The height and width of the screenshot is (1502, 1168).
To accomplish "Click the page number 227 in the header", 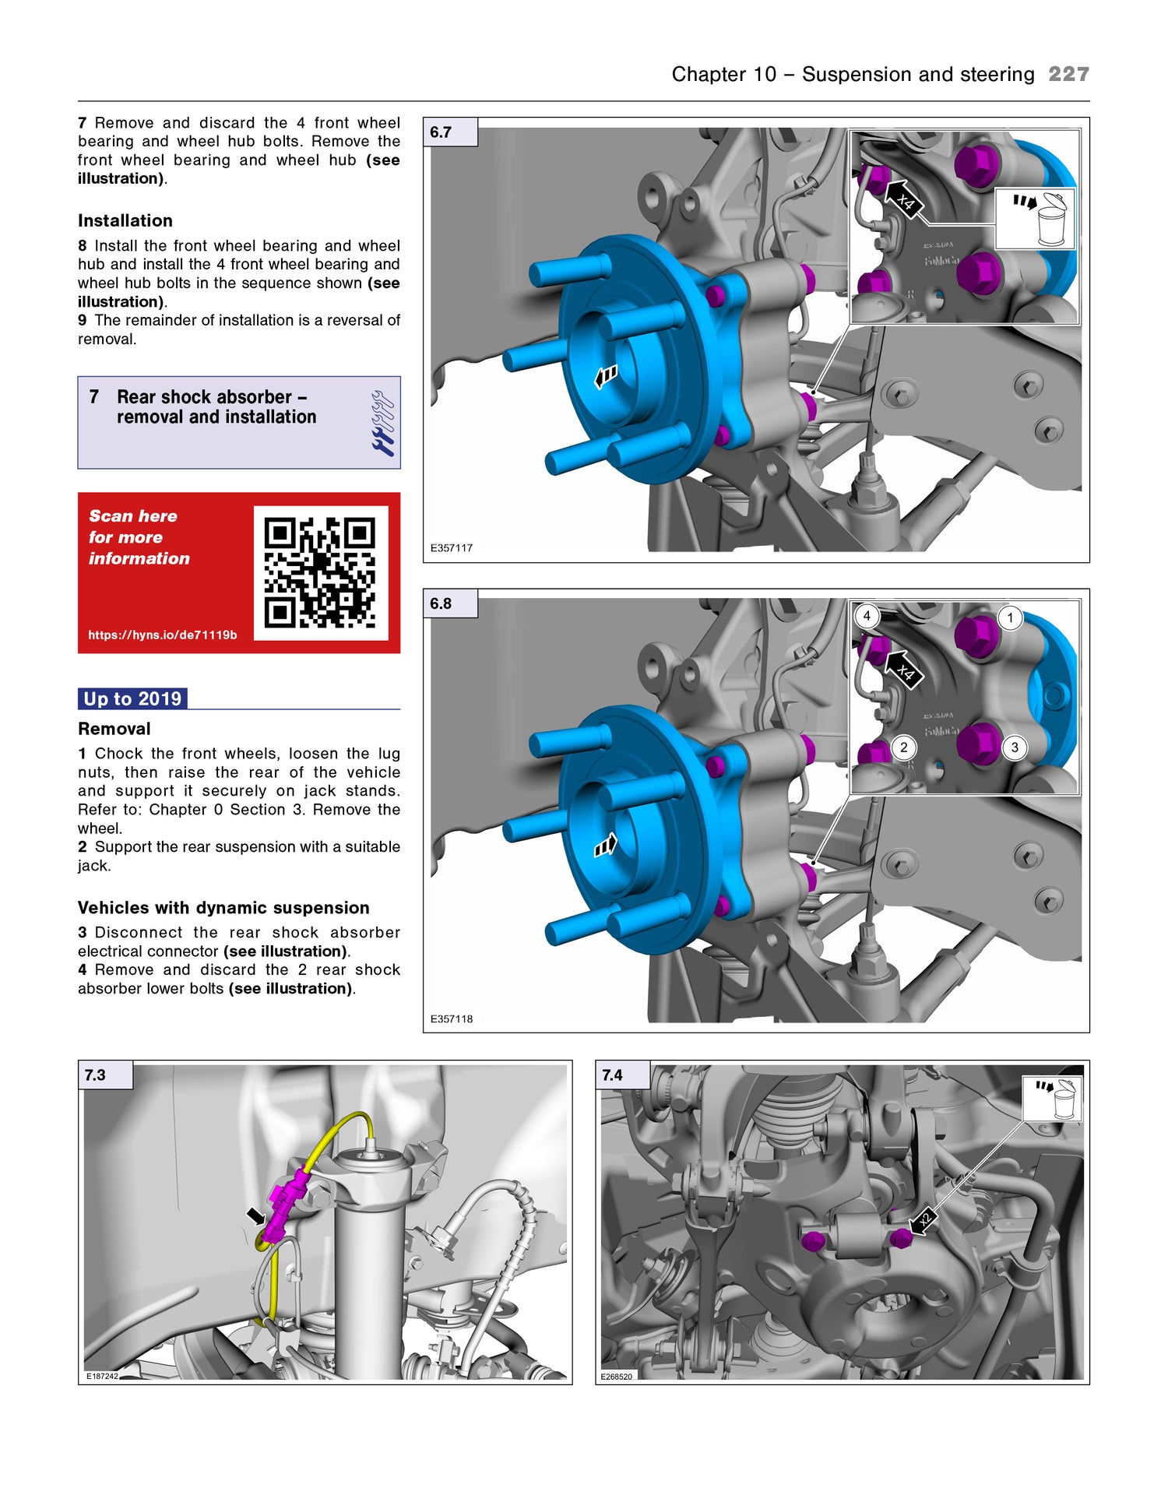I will (x=1068, y=74).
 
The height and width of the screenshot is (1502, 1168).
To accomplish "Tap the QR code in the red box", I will (x=320, y=572).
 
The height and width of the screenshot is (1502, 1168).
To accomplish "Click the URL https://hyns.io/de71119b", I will (x=162, y=635).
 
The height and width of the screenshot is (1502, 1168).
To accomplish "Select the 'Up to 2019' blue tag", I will (x=132, y=698).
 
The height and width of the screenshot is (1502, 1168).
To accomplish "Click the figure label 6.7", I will (x=442, y=132).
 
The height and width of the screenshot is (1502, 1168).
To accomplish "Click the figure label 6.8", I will (x=442, y=603).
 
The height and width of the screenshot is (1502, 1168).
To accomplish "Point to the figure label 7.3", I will (x=96, y=1075).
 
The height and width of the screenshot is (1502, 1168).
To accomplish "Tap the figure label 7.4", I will (x=613, y=1075).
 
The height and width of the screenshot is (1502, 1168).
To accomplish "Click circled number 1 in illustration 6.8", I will (x=1010, y=617).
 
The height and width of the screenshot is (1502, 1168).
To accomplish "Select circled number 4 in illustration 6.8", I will (x=867, y=616).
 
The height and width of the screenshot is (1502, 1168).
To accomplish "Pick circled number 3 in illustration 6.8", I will (x=1014, y=747).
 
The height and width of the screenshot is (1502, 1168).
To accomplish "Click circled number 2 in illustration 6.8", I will (x=903, y=747).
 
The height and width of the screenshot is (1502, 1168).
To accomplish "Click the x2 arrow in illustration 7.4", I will (x=923, y=1220).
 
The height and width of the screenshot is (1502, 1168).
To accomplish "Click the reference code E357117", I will (x=452, y=548).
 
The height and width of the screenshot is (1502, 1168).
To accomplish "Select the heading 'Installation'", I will (x=125, y=220).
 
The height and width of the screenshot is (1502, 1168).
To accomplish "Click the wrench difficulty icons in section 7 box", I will (x=383, y=423).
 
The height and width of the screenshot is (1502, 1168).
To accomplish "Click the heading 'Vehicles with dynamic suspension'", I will (x=223, y=908).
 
